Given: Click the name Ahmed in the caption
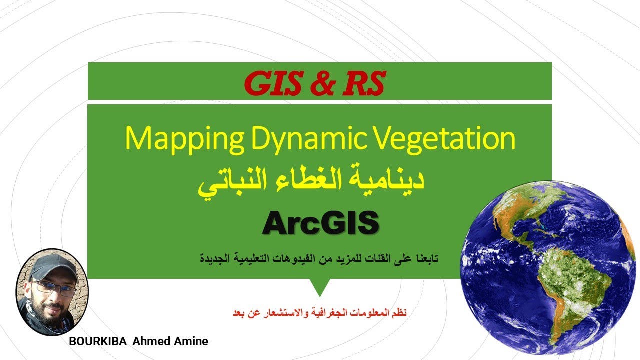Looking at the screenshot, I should pyautogui.click(x=149, y=342).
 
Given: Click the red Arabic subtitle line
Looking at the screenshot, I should pyautogui.click(x=320, y=313).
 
